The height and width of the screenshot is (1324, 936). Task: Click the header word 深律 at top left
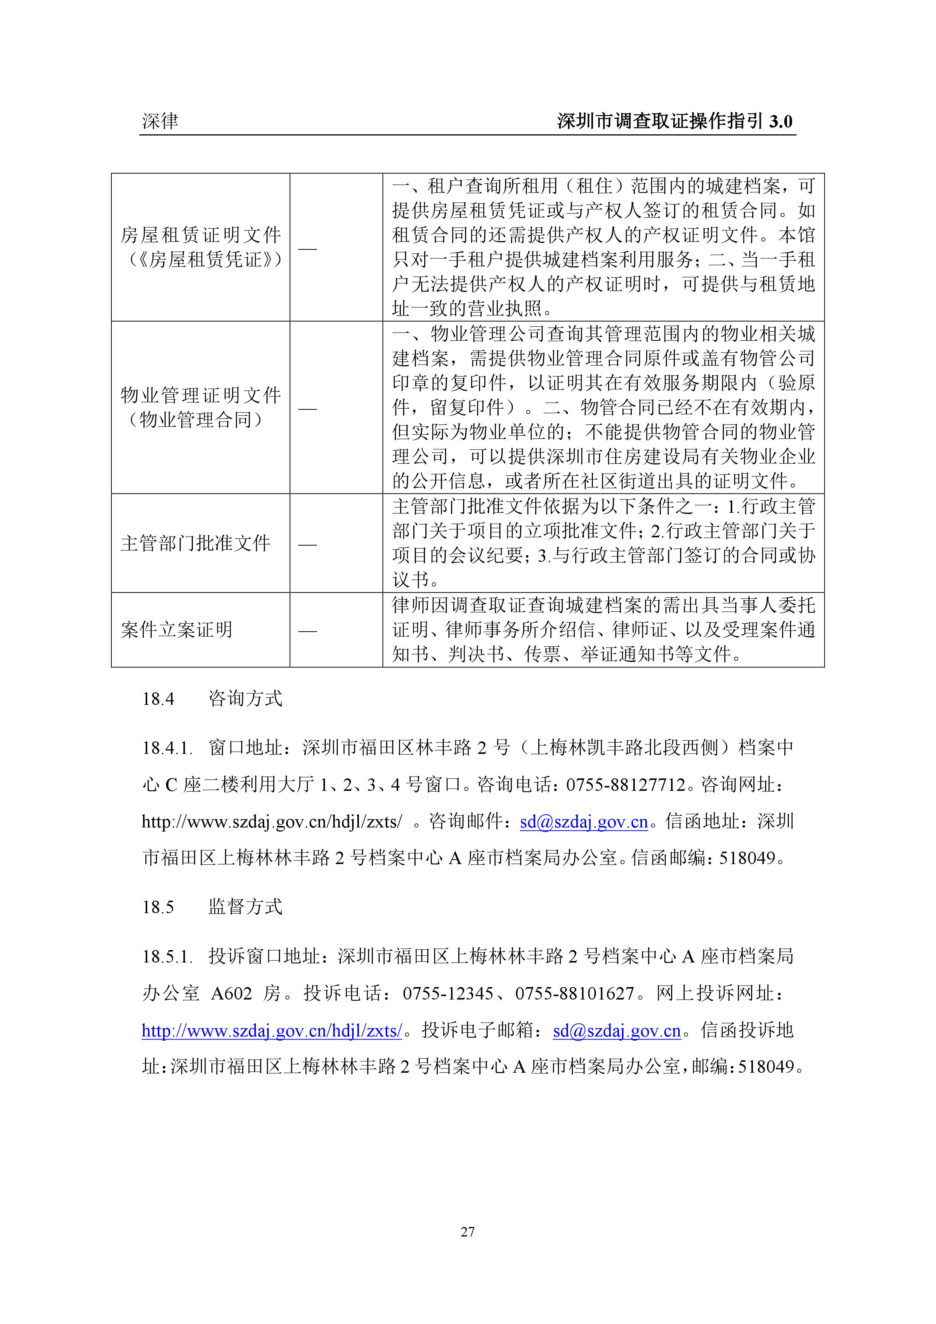pyautogui.click(x=160, y=121)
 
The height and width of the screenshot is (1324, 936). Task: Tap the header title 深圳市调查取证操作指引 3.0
pyautogui.click(x=675, y=121)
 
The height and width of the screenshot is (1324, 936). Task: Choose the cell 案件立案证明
pyautogui.click(x=177, y=630)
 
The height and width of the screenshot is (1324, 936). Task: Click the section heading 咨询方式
pyautogui.click(x=245, y=699)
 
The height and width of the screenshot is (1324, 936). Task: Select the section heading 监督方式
pyautogui.click(x=245, y=907)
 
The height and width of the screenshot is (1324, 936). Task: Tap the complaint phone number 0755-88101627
pyautogui.click(x=575, y=993)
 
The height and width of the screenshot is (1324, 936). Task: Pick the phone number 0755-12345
pyautogui.click(x=448, y=993)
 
